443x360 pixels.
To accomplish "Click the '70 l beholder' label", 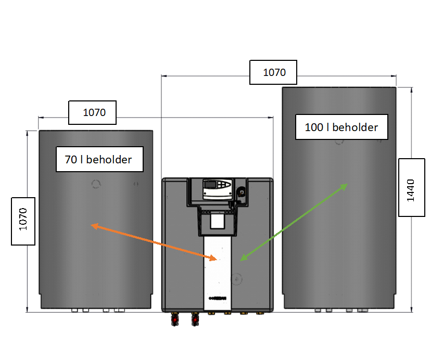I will point(99,160).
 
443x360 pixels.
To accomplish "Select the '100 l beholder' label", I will point(341,127).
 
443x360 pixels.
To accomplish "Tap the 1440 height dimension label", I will point(411,187).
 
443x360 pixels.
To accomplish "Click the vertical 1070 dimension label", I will point(23,221).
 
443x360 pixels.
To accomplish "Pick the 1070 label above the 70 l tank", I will point(92,112).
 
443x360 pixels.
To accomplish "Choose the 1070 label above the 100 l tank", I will point(273,72).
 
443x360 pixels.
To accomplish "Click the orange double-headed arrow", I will point(154,241).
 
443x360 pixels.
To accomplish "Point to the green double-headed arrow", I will point(294,222).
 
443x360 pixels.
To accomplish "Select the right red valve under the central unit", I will point(195,318).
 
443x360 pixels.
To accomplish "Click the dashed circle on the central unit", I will point(238,279).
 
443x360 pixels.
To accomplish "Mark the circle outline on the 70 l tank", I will point(96,184).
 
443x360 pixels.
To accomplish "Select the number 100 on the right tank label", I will point(313,127).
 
